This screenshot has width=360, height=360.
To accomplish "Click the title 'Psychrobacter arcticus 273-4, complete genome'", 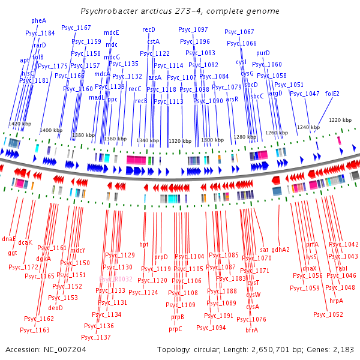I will (x=179, y=11).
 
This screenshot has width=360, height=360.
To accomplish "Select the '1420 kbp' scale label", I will (x=20, y=124).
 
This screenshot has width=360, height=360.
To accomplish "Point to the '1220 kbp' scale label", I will (x=340, y=120).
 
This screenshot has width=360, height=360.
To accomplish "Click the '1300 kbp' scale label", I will (x=211, y=140).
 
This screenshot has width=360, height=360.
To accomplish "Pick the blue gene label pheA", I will (x=38, y=20).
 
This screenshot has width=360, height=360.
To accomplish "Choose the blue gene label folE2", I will (x=332, y=94).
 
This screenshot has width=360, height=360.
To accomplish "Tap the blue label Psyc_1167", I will (x=81, y=28).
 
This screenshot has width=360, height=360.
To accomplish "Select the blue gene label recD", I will (x=149, y=29).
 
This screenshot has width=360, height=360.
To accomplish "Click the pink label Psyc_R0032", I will (x=115, y=279).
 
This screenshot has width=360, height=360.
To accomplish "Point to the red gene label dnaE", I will (x=9, y=239).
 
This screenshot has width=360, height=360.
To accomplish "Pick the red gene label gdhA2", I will (x=280, y=250).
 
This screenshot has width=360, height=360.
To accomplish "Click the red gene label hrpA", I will (x=336, y=301).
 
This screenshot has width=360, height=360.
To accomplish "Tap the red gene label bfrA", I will (x=251, y=329).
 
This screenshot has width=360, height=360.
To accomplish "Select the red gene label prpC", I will (x=175, y=329).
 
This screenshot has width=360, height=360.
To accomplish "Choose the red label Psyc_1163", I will (x=34, y=329).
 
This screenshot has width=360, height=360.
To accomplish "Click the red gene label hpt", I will (x=143, y=244).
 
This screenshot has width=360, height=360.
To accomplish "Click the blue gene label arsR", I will (x=232, y=99).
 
